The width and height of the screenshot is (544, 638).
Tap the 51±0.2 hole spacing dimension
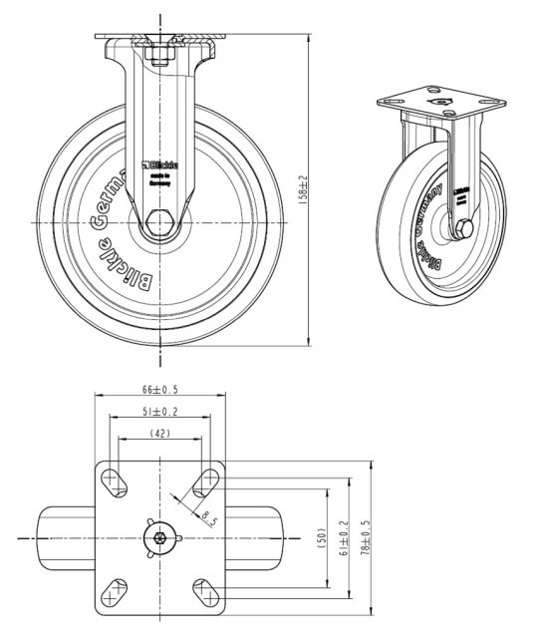[x=158, y=412]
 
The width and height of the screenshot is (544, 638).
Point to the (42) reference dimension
[x=158, y=434]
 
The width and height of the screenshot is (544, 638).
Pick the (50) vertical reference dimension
[x=322, y=536]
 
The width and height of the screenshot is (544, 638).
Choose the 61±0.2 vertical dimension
[x=345, y=536]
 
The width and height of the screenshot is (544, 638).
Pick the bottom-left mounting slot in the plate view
[x=115, y=592]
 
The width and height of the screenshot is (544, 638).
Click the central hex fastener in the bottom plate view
[x=159, y=537]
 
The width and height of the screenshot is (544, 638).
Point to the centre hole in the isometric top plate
[x=435, y=102]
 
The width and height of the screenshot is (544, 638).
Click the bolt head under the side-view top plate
[x=160, y=58]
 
